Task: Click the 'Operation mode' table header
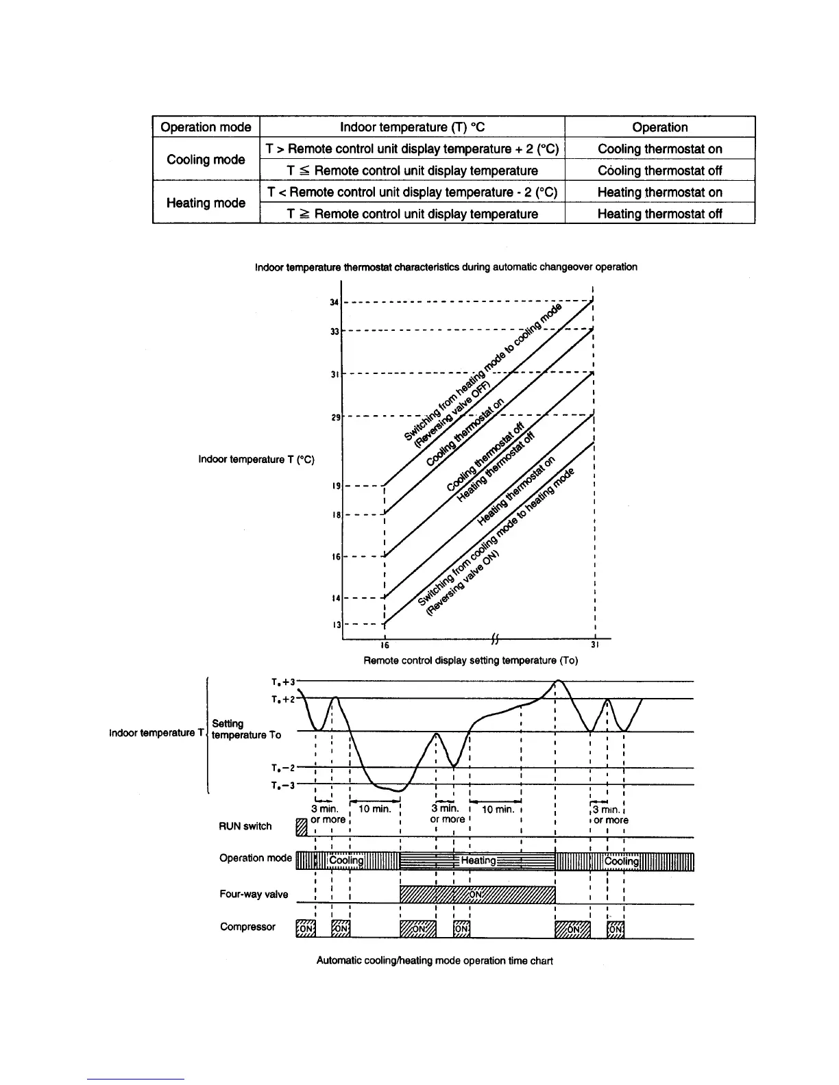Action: (x=206, y=127)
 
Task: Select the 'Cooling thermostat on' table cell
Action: (x=659, y=149)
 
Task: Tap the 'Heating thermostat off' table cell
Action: (x=659, y=214)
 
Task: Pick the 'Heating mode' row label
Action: (x=206, y=203)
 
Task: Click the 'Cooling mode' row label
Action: (x=206, y=160)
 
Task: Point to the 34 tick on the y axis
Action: (x=335, y=302)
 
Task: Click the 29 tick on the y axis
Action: (x=335, y=416)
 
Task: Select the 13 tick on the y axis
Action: (x=336, y=625)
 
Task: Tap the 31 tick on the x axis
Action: (x=595, y=645)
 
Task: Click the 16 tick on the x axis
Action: (x=385, y=645)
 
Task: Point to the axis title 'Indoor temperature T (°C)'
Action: (x=256, y=459)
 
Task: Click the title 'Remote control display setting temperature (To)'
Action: (x=470, y=660)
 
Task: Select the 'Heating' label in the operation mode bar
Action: (x=478, y=860)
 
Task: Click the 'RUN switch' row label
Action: (x=245, y=826)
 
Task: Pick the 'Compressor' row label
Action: (x=247, y=927)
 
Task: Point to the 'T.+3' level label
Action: (x=282, y=682)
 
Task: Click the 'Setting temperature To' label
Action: (x=246, y=729)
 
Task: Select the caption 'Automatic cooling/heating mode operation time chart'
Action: (x=435, y=960)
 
